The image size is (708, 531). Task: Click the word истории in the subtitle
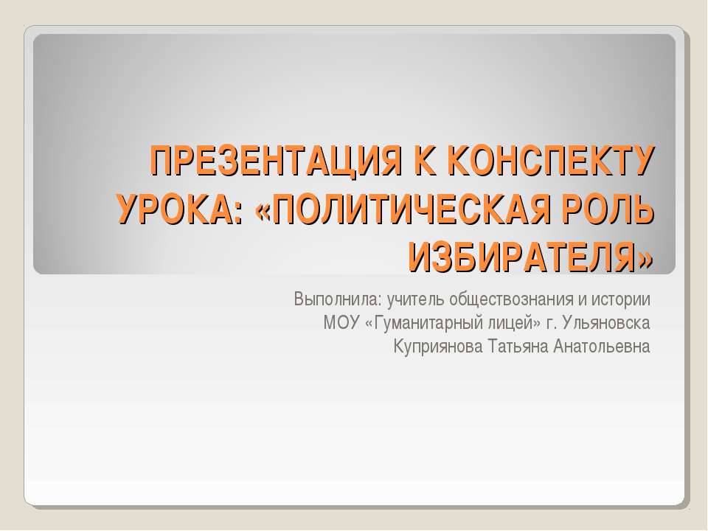(622, 300)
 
